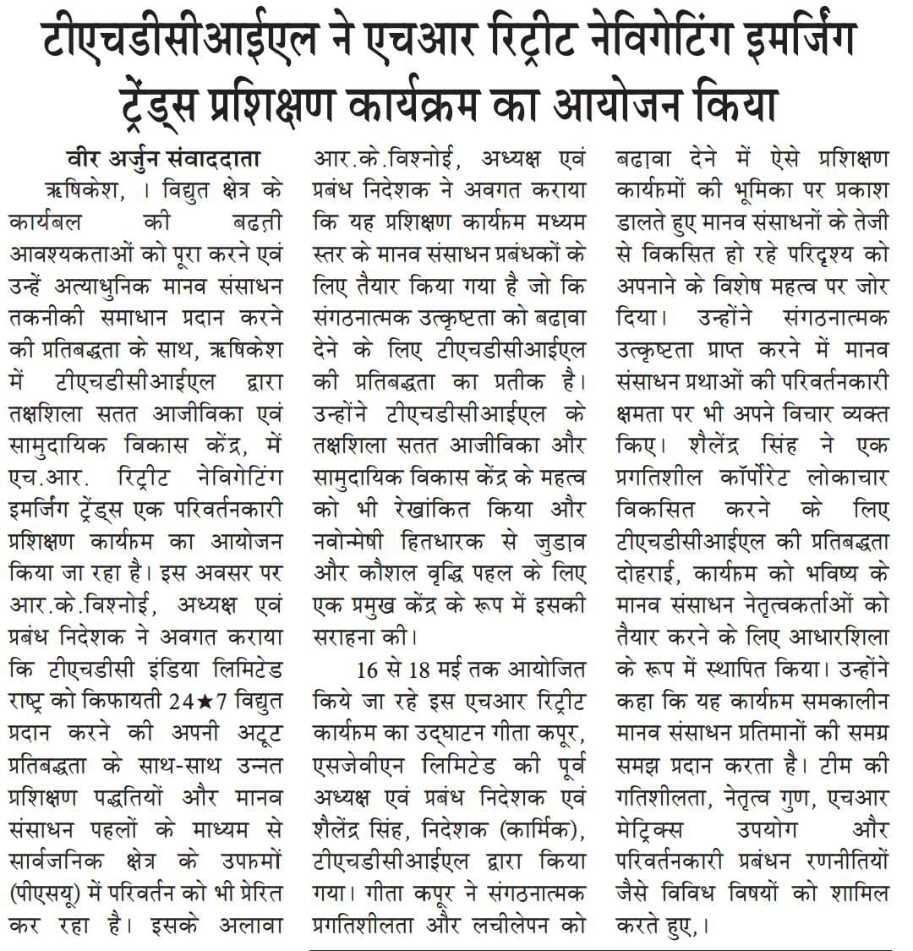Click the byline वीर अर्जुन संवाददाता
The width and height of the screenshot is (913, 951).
click(164, 159)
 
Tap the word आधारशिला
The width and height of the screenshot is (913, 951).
click(831, 637)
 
